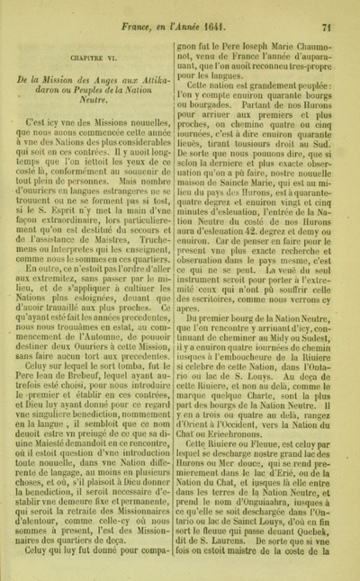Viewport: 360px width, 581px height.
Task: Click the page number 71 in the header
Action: pos(338,9)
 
